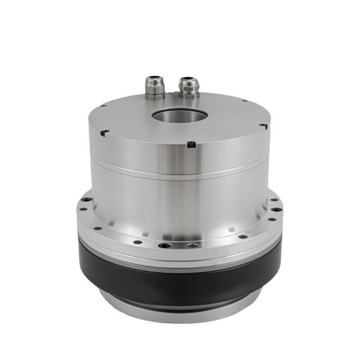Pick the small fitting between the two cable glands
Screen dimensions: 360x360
click(x=170, y=93)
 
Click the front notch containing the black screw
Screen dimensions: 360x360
click(x=191, y=145)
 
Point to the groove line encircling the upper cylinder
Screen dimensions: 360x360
click(x=180, y=174)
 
